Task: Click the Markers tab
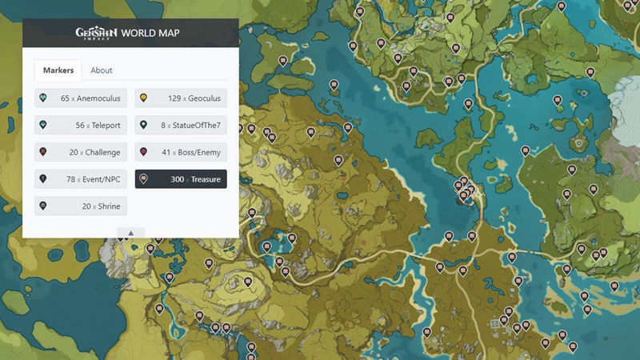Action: pos(59,70)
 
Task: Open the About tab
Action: pos(102,70)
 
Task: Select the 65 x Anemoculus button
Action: pos(81,98)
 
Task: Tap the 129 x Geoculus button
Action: pos(181,98)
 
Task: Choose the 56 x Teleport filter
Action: pos(81,126)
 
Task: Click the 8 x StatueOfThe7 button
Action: pos(181,126)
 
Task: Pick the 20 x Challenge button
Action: pos(81,152)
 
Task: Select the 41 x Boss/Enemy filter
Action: pos(181,152)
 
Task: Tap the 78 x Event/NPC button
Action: pos(81,179)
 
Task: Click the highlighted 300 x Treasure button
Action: pos(181,179)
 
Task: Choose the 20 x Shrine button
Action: pos(81,206)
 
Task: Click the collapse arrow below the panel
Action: pos(130,233)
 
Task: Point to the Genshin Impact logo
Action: pos(96,33)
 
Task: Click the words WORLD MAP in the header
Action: pos(150,33)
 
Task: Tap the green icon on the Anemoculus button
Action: pos(43,98)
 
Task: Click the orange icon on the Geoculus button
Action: pos(143,98)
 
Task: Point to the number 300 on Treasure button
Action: pos(177,179)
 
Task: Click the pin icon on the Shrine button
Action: pos(43,206)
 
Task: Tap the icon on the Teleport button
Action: pos(43,126)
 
